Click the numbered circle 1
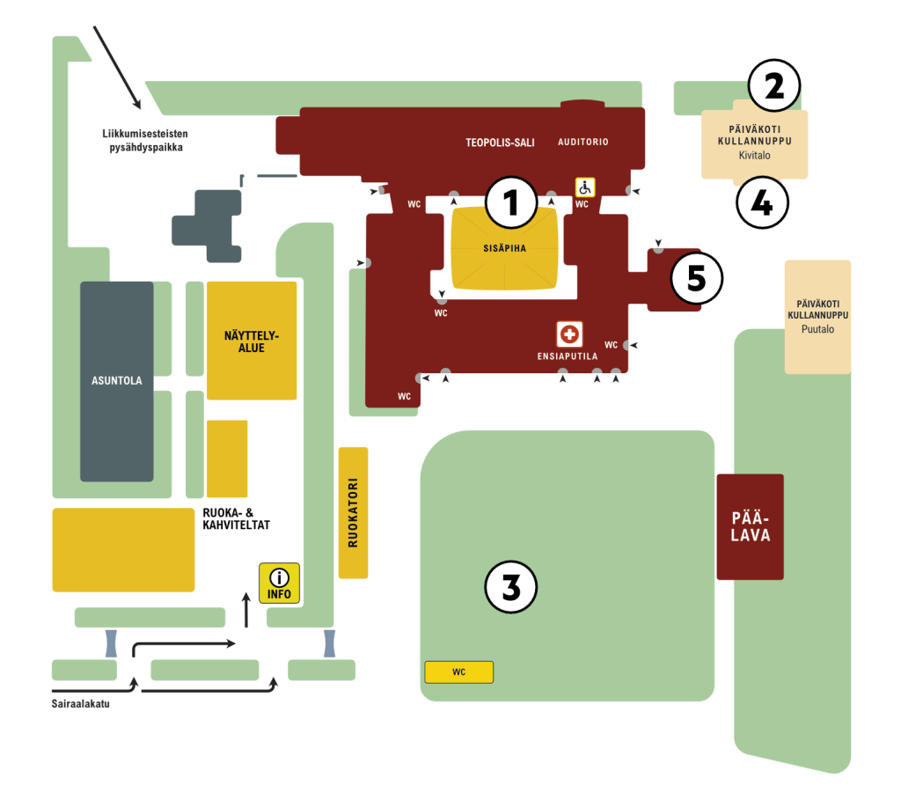pos(511,203)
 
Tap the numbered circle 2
pos(773,86)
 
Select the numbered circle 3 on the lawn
pos(511,587)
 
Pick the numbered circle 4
pos(761,203)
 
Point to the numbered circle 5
pos(696,278)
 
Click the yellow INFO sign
pos(279,583)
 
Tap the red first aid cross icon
pos(569,334)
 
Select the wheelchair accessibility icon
pos(585,187)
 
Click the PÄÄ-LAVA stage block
pos(750,526)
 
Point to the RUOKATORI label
pos(353,513)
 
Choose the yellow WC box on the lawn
pos(458,672)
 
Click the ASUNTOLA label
pos(117,381)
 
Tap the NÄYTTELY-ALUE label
pos(251,341)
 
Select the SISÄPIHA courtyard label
pos(504,248)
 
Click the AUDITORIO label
pos(583,142)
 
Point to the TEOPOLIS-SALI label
pos(500,142)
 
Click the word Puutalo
pos(817,329)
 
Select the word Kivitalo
pos(754,154)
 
